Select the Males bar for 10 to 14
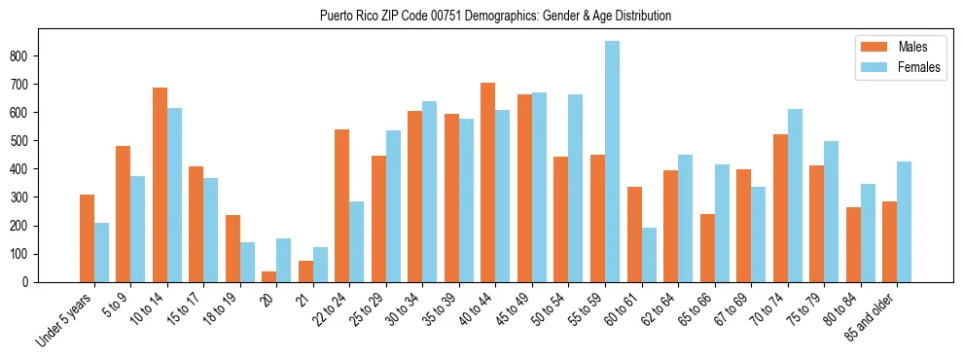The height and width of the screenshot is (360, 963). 160,185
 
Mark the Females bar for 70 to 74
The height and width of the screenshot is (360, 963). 795,196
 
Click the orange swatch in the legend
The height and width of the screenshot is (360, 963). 873,47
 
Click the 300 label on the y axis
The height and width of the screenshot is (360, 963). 27,198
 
